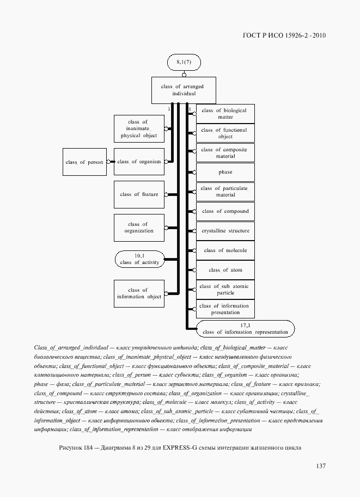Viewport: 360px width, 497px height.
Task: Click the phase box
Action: pos(225,172)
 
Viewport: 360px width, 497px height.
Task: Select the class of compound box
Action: pos(225,211)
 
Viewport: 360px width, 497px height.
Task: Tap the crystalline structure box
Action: pos(225,231)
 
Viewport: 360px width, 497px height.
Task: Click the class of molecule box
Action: pos(225,250)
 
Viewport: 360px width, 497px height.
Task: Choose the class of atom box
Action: pos(225,270)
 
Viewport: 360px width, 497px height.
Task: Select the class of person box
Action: pos(84,162)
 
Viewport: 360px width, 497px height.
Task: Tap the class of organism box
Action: pos(139,162)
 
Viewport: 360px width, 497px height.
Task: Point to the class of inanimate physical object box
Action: pos(139,128)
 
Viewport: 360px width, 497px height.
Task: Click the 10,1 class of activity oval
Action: pos(139,259)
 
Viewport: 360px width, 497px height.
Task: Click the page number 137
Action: pos(320,465)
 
